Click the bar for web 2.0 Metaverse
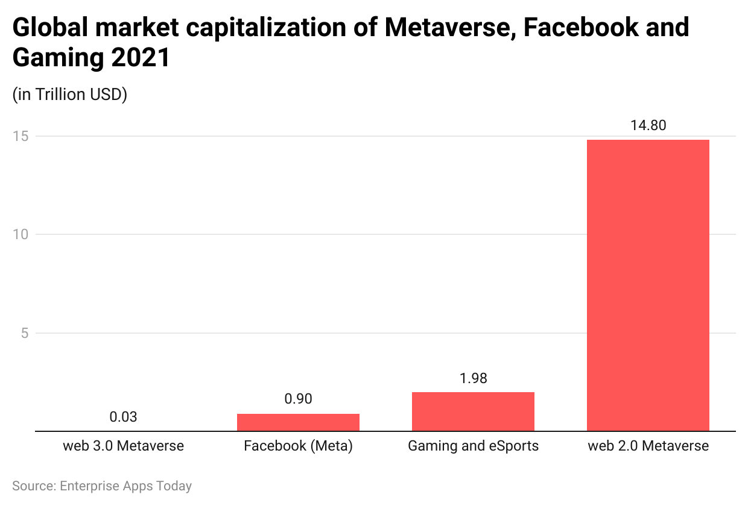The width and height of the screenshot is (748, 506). [x=648, y=286]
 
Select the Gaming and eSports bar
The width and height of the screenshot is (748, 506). [x=473, y=411]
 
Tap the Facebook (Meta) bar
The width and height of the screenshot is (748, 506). [x=298, y=422]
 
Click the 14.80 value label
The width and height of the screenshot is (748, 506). [x=648, y=125]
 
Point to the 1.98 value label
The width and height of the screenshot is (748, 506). [x=473, y=378]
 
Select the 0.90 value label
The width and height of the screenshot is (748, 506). [x=298, y=399]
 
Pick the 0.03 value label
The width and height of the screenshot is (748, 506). [x=123, y=417]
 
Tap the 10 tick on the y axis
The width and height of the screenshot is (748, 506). [x=21, y=234]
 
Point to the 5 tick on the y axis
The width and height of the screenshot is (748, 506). [x=24, y=333]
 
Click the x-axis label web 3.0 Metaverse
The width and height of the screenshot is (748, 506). [x=123, y=446]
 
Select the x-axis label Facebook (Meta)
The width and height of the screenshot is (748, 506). [x=298, y=446]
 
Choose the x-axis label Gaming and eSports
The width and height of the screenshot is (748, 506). [x=473, y=446]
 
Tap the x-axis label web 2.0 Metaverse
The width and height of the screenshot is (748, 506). [x=648, y=446]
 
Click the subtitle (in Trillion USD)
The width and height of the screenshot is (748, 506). [x=69, y=95]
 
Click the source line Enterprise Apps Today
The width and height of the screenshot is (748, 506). [x=101, y=486]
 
